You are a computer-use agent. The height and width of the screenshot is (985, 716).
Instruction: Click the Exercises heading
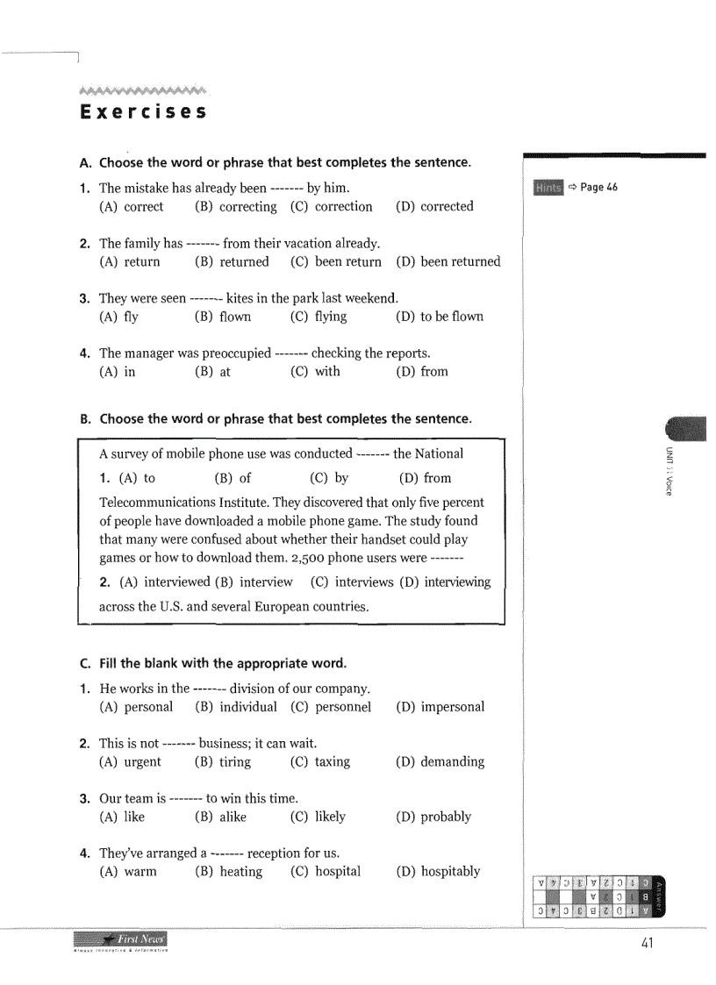143,112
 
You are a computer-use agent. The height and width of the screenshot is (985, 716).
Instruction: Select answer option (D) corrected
434,207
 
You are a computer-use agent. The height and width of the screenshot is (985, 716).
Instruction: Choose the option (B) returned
232,262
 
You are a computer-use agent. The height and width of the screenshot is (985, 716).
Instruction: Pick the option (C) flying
319,317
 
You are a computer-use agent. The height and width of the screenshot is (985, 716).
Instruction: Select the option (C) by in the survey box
329,478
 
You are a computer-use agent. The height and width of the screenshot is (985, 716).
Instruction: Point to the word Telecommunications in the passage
154,503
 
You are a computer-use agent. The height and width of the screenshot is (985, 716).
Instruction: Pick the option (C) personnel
331,707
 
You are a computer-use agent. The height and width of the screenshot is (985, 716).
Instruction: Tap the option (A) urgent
131,762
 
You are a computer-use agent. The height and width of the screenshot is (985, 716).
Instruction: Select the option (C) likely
318,817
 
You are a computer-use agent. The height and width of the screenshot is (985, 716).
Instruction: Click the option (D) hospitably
438,872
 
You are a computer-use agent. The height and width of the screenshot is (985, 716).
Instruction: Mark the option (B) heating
228,872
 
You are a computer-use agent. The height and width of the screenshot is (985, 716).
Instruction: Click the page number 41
648,944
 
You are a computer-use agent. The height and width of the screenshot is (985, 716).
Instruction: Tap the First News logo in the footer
121,940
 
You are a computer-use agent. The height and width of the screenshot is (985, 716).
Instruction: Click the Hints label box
548,188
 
